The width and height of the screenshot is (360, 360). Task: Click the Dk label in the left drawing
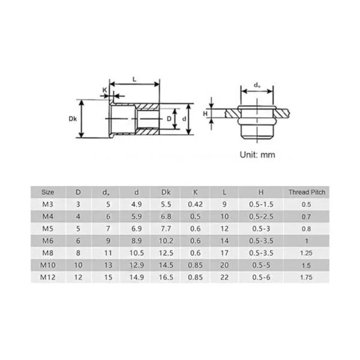click(73, 119)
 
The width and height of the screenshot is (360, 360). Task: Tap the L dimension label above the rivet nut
click(134, 80)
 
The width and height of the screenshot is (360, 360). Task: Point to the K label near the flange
click(104, 90)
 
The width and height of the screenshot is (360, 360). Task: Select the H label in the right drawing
click(205, 113)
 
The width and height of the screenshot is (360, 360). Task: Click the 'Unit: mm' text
click(257, 155)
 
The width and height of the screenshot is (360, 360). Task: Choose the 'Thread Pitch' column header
click(307, 192)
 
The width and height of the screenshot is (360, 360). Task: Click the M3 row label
click(47, 204)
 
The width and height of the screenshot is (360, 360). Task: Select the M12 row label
click(47, 277)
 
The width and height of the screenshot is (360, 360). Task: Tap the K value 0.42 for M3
click(195, 204)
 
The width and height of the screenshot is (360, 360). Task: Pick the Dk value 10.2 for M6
click(166, 241)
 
